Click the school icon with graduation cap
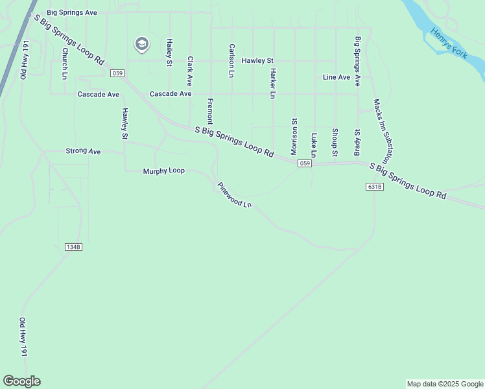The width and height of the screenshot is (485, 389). pyautogui.click(x=141, y=45)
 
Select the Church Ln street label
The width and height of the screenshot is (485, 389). pyautogui.click(x=65, y=64)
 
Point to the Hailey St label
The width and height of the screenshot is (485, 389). pyautogui.click(x=169, y=51)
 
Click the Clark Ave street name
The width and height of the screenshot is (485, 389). pyautogui.click(x=190, y=71)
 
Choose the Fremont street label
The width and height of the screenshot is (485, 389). pyautogui.click(x=210, y=112)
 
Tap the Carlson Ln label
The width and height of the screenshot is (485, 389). pyautogui.click(x=231, y=60)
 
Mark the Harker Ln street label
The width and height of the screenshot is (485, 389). pyautogui.click(x=273, y=83)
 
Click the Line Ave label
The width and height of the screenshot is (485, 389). pyautogui.click(x=337, y=77)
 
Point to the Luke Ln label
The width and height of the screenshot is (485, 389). pyautogui.click(x=314, y=145)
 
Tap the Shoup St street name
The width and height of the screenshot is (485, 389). pyautogui.click(x=335, y=142)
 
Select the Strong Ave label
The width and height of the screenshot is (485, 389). pyautogui.click(x=83, y=151)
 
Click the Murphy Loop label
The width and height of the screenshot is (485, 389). pyautogui.click(x=163, y=171)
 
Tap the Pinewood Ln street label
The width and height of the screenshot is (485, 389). pyautogui.click(x=234, y=194)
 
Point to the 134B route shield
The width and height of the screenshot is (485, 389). pyautogui.click(x=74, y=247)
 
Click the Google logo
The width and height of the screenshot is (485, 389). pyautogui.click(x=21, y=381)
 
